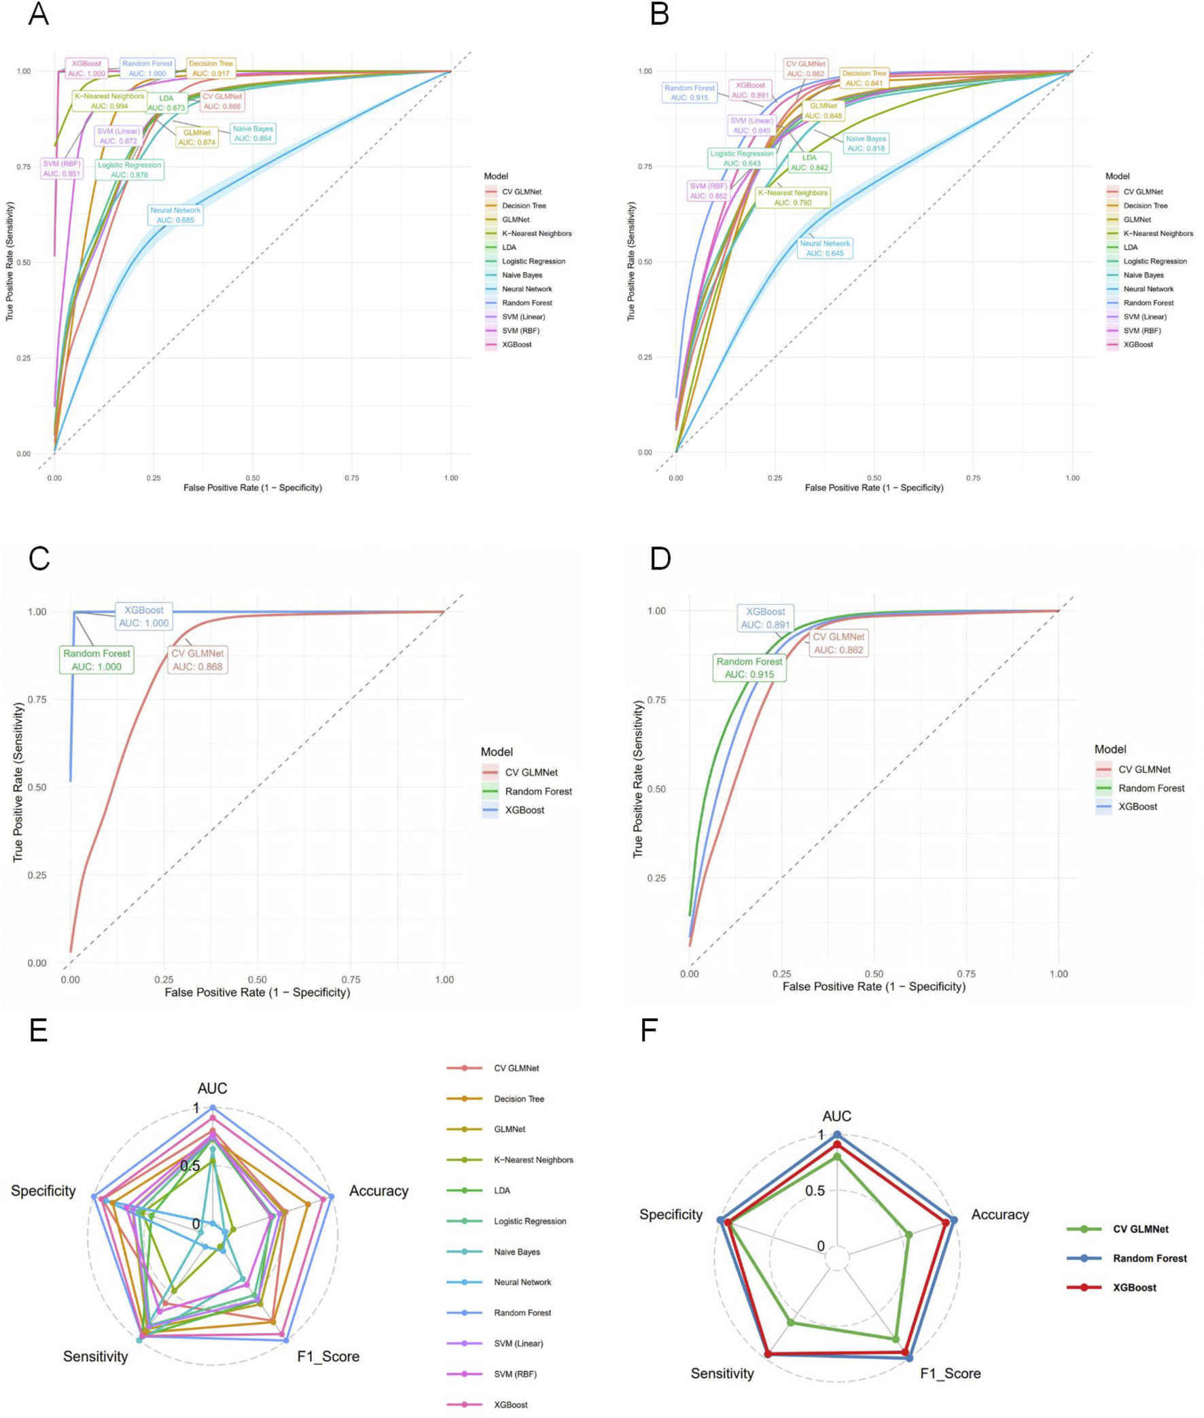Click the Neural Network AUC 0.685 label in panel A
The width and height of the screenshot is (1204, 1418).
tap(175, 215)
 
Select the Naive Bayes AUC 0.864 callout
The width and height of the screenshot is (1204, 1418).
tap(253, 133)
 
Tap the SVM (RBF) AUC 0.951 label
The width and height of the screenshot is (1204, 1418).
tap(61, 169)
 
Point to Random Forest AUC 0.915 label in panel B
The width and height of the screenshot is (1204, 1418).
tap(690, 93)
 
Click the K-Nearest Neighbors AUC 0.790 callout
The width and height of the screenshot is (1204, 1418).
tap(792, 197)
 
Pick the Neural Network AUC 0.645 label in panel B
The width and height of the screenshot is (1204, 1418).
tap(824, 248)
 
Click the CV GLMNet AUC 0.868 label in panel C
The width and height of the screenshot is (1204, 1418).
tap(197, 659)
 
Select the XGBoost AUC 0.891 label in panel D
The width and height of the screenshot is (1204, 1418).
tap(765, 618)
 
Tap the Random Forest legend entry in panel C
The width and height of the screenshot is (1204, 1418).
tap(538, 791)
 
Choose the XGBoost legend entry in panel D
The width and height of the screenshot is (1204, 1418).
tap(1138, 806)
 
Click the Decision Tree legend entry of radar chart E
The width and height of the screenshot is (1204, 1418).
tap(518, 1099)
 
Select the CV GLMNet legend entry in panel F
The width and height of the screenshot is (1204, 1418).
tap(1141, 1229)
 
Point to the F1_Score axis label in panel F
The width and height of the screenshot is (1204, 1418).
tap(950, 1373)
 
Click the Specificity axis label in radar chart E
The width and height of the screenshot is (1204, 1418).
tap(43, 1191)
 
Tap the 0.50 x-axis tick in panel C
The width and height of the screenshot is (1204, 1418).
tap(258, 979)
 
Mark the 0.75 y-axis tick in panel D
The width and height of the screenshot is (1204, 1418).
tap(656, 699)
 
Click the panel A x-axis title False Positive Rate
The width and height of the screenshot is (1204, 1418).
tap(253, 487)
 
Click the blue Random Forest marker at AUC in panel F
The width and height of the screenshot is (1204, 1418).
tap(837, 1135)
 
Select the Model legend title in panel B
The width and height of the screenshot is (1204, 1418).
tap(1117, 176)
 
